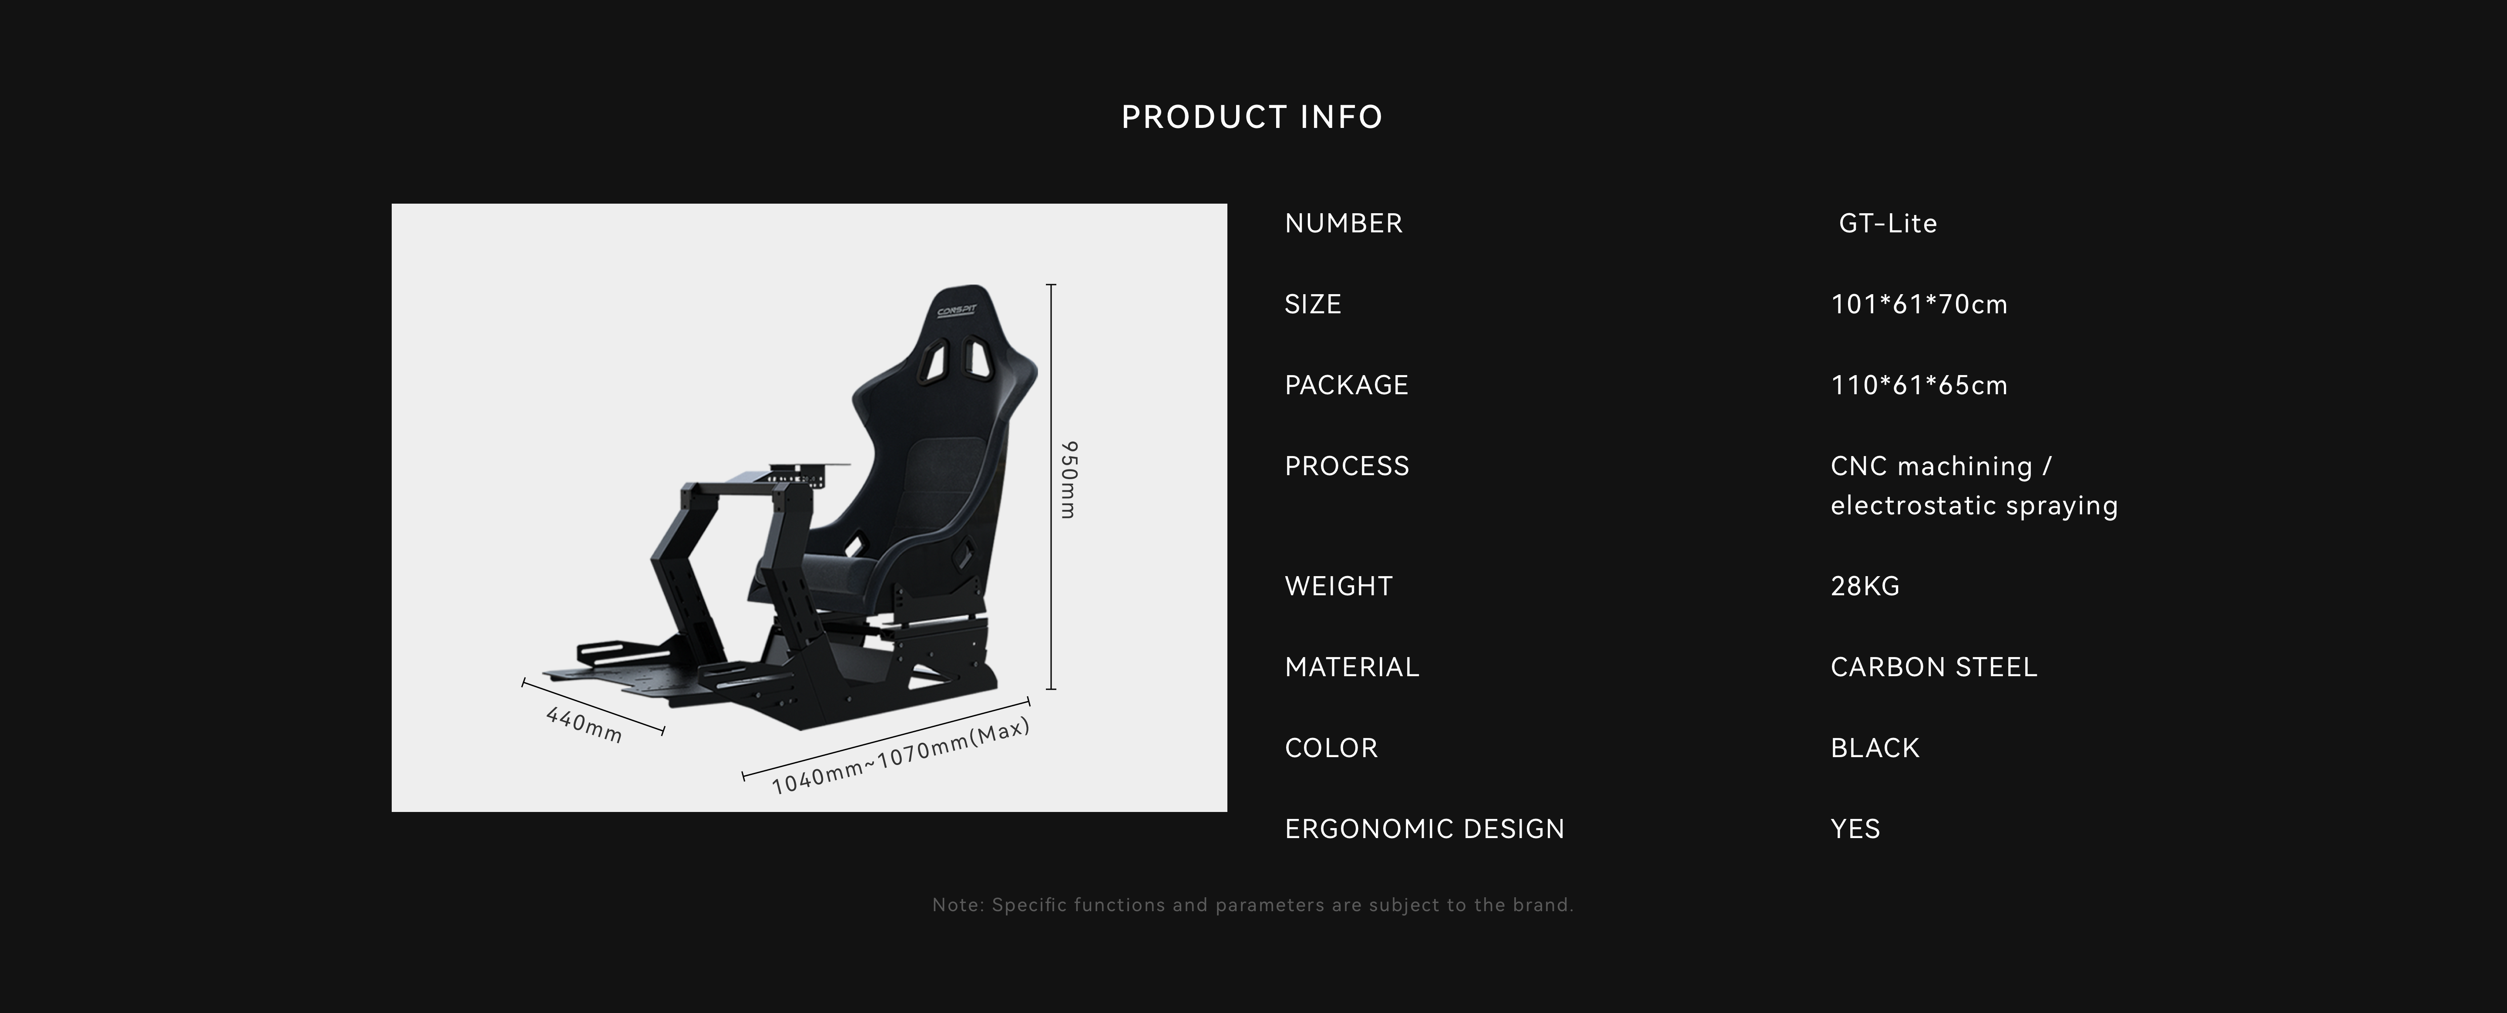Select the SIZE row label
(1313, 304)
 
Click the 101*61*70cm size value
(1919, 304)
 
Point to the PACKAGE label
(1346, 384)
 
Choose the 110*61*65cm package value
(1919, 384)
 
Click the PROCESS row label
(1347, 465)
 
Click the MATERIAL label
(1352, 667)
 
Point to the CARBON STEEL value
(1934, 667)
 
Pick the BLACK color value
(1875, 747)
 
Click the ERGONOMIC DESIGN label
(1425, 828)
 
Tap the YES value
(1855, 828)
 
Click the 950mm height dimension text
(1069, 480)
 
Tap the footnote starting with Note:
(1253, 905)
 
